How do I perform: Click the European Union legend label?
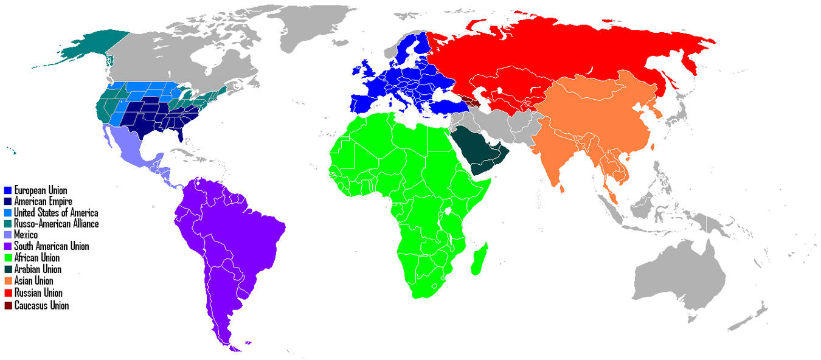(x=40, y=190)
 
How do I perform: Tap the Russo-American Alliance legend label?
(x=56, y=224)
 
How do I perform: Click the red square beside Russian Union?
(x=7, y=293)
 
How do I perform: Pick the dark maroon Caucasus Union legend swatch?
(x=7, y=305)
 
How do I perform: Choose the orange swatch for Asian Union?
(x=7, y=281)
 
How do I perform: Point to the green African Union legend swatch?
(x=7, y=258)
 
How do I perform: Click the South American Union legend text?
(x=51, y=246)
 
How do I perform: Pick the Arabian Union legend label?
(x=37, y=269)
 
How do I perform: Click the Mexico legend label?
(x=26, y=235)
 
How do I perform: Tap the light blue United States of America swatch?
(x=7, y=213)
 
